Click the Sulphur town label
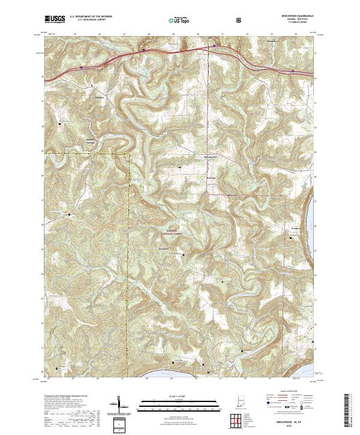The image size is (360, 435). click(x=100, y=97)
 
